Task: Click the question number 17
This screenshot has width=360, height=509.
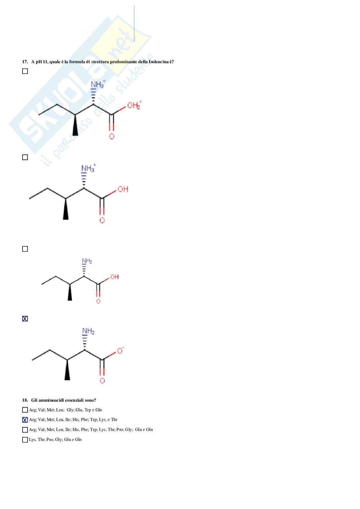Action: click(x=25, y=62)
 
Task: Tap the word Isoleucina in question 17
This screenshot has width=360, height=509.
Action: click(x=158, y=62)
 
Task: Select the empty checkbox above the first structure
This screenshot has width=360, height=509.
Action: click(x=25, y=71)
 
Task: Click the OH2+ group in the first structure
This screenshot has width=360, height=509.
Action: click(x=134, y=105)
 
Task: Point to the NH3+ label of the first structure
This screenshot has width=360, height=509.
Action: click(x=98, y=84)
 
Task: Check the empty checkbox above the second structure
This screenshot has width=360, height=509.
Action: click(x=25, y=157)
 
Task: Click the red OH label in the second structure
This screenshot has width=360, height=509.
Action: click(x=123, y=189)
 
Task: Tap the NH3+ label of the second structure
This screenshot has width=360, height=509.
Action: click(x=88, y=168)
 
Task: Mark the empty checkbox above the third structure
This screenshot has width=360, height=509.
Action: click(x=25, y=249)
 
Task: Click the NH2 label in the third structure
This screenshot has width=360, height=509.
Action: click(x=87, y=261)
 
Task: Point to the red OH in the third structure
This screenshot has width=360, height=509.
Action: click(x=115, y=277)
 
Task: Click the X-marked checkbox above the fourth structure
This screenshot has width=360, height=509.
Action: click(x=25, y=319)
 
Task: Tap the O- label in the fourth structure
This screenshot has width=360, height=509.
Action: click(x=120, y=351)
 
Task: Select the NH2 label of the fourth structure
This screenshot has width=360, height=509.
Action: click(x=88, y=331)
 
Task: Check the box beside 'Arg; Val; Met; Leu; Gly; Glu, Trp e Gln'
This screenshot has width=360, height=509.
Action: click(x=25, y=410)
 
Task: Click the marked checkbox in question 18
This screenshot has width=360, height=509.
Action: click(x=25, y=420)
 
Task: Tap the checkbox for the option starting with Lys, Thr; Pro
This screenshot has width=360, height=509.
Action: click(x=25, y=440)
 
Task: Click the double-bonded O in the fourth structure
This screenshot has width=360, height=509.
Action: click(x=102, y=381)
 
